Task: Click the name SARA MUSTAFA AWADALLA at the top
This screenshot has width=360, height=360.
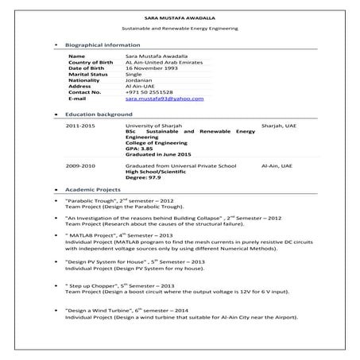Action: [x=180, y=16]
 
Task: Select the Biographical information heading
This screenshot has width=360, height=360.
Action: [x=103, y=45]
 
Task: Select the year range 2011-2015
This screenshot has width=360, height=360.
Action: [x=81, y=126]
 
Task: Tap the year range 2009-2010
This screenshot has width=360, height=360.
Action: [x=81, y=165]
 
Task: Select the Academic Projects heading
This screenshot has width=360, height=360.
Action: [x=93, y=191]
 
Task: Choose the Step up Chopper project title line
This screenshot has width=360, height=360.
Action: [x=120, y=285]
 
